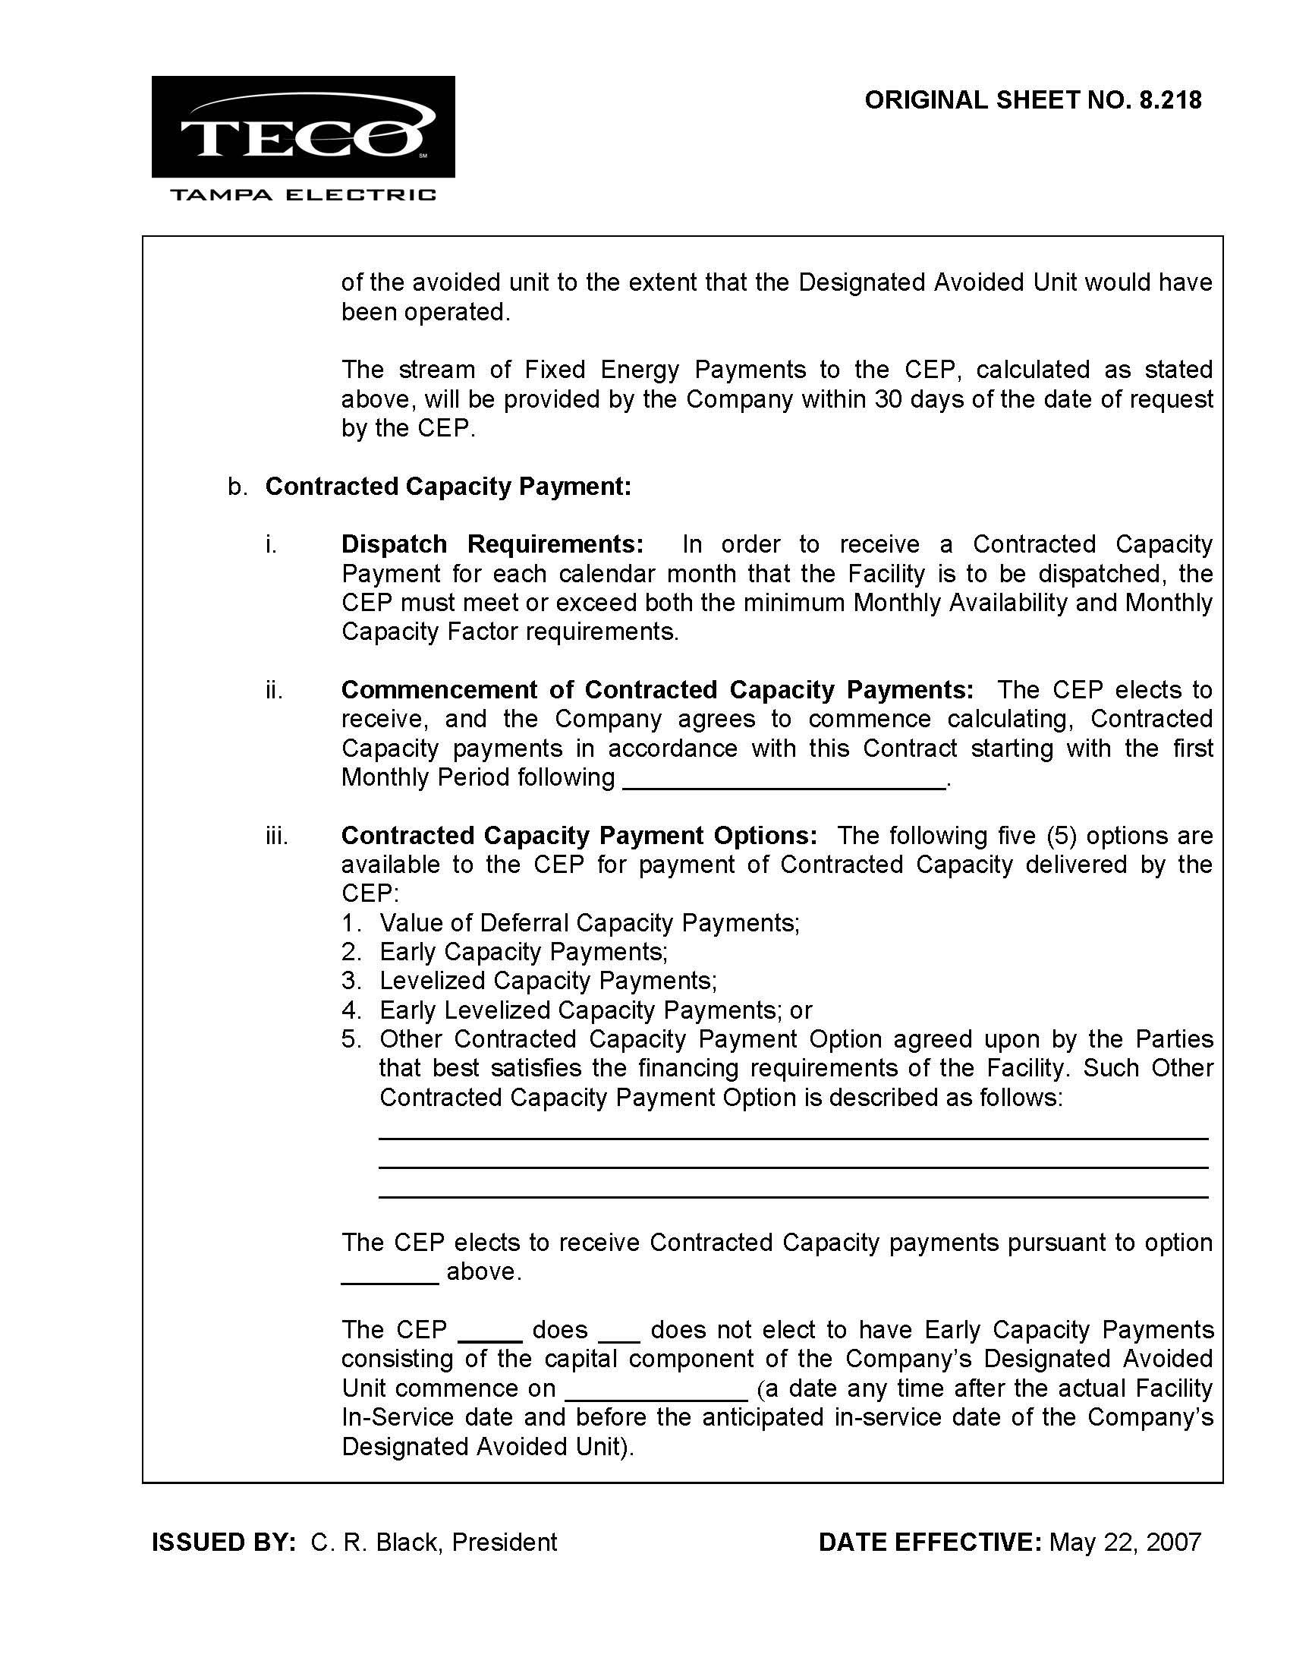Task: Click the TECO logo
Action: coord(303,127)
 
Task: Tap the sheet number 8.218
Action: coord(1170,100)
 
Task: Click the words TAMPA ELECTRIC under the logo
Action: coord(303,195)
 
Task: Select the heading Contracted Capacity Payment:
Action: coord(448,487)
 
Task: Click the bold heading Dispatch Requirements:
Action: coord(492,544)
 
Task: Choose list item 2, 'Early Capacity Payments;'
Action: coord(524,952)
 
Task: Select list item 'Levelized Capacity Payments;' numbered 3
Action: coord(548,981)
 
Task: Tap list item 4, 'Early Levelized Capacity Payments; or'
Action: coord(596,1010)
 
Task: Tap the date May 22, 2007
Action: coord(1125,1542)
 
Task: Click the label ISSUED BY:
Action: coord(224,1542)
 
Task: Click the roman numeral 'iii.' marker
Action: coord(277,837)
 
